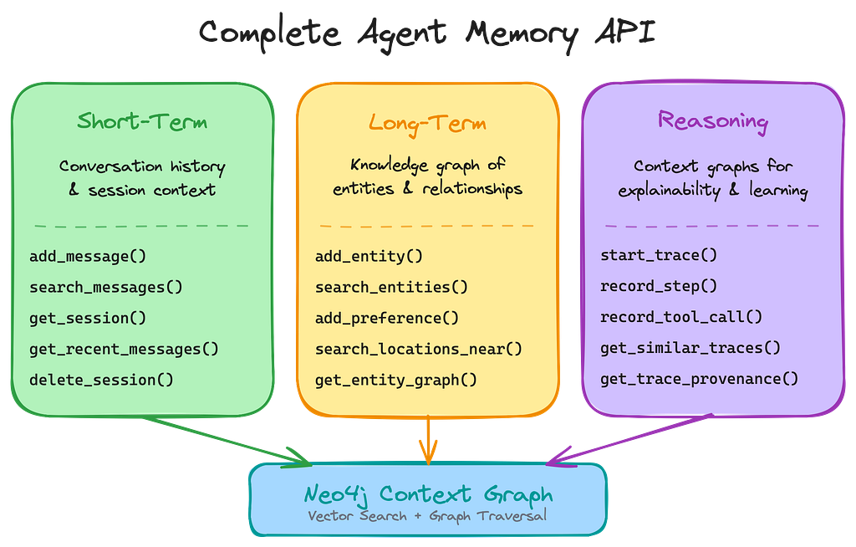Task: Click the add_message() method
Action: point(81,256)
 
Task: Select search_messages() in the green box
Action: point(106,287)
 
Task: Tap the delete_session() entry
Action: point(101,380)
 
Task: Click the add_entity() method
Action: point(369,256)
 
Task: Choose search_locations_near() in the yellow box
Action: point(419,349)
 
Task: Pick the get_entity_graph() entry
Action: point(396,380)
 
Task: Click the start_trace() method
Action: point(659,255)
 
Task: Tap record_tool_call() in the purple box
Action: point(681,317)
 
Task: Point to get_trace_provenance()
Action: point(700,379)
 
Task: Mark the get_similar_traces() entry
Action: point(690,348)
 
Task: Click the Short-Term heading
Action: point(142,121)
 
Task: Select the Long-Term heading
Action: point(427,124)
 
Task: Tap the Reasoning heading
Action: point(712,120)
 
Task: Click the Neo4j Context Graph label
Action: point(428,493)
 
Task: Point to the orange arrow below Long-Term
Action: point(428,439)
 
